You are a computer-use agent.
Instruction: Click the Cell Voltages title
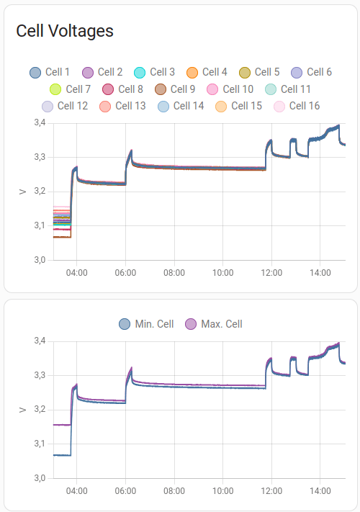coord(65,31)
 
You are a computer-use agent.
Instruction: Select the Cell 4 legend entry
coord(207,72)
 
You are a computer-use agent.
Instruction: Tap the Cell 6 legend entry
coord(311,72)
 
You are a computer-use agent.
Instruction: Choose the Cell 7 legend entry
coord(70,89)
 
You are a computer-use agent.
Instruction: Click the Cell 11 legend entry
coord(287,89)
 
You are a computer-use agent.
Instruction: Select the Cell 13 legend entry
coord(122,106)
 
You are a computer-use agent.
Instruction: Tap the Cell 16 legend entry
coord(296,106)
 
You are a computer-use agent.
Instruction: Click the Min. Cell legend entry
coord(146,324)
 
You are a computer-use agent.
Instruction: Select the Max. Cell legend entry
coord(214,324)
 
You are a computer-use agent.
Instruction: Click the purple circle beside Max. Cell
coord(192,324)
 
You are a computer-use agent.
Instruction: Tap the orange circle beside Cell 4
coord(192,72)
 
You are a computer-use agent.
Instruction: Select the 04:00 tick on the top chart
coord(76,273)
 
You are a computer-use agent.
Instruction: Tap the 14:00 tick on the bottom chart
coord(320,491)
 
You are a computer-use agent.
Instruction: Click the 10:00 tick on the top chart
coord(222,273)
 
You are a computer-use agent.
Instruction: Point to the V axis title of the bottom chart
coord(22,410)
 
